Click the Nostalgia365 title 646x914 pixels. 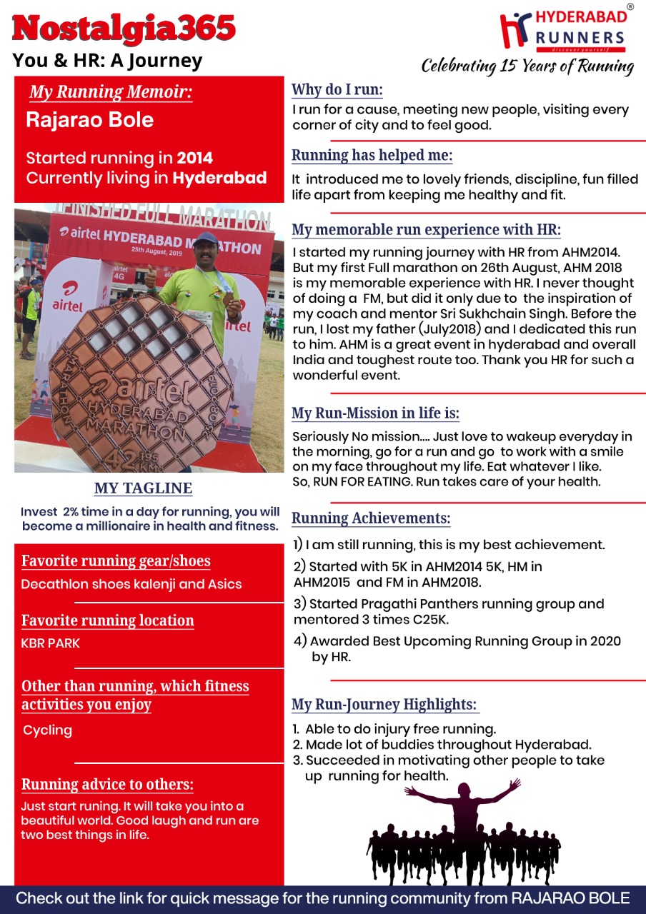[124, 28]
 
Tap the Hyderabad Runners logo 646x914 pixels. [563, 32]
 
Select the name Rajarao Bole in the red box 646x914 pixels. [89, 119]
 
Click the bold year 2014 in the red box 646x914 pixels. [195, 158]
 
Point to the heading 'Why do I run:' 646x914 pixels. [337, 90]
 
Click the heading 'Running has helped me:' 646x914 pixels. [372, 156]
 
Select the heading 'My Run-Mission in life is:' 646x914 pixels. [375, 413]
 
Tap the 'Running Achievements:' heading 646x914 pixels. [371, 518]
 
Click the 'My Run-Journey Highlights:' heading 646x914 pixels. [384, 705]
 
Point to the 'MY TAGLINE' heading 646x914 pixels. [143, 488]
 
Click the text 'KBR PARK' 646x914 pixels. [51, 643]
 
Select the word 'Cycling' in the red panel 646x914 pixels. [48, 730]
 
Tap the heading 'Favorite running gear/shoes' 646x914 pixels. [116, 561]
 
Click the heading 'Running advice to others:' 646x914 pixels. [107, 785]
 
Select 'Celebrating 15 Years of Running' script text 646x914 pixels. [527, 66]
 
